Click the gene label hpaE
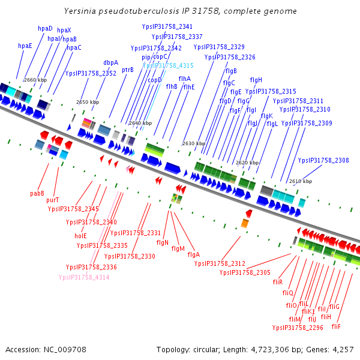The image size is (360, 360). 25,46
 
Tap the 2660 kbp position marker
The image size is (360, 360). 35,80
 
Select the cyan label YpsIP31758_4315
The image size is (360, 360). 168,65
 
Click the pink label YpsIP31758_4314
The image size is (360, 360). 84,277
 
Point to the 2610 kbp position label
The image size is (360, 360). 301,181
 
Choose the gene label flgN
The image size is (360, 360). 162,242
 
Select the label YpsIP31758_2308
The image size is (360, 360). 323,160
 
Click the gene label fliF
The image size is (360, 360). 336,326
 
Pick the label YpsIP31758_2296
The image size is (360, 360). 298,328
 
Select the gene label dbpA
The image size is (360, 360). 111,62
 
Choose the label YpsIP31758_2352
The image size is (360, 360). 91,73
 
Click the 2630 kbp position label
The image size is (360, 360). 194,143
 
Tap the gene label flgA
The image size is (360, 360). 194,254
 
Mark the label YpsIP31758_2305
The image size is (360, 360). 245,272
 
